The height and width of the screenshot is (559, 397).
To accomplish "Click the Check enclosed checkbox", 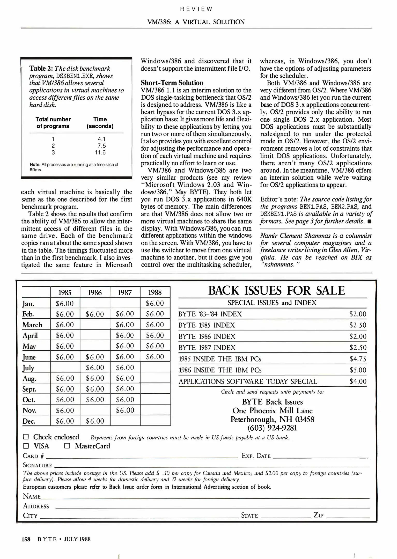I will tap(26, 437).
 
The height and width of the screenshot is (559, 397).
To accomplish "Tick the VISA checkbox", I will tap(26, 446).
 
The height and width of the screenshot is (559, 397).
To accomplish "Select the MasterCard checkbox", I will tap(67, 446).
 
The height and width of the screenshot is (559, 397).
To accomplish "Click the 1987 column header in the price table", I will tap(125, 292).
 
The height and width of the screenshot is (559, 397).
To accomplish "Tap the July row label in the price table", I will tap(28, 368).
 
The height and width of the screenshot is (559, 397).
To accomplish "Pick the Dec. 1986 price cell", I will tap(95, 421).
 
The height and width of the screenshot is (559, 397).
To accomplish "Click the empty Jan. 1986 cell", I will tap(95, 303).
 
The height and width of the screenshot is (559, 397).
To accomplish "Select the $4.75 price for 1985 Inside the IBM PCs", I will tap(358, 359).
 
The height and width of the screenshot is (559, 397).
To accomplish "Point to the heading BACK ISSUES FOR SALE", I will tap(276, 291).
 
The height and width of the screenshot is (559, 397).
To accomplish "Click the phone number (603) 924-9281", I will tap(272, 428).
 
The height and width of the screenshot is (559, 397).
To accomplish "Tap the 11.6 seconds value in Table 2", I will tap(100, 153).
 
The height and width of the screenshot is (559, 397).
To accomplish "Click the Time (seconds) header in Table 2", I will tap(100, 123).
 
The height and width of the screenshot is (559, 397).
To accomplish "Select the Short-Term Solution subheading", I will tap(172, 83).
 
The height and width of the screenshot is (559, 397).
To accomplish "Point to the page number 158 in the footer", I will tap(26, 539).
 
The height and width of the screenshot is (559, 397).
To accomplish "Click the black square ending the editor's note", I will tap(369, 222).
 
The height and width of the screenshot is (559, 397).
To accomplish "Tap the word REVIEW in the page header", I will tap(196, 9).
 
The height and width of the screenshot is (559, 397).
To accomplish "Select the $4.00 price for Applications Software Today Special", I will tap(358, 381).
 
